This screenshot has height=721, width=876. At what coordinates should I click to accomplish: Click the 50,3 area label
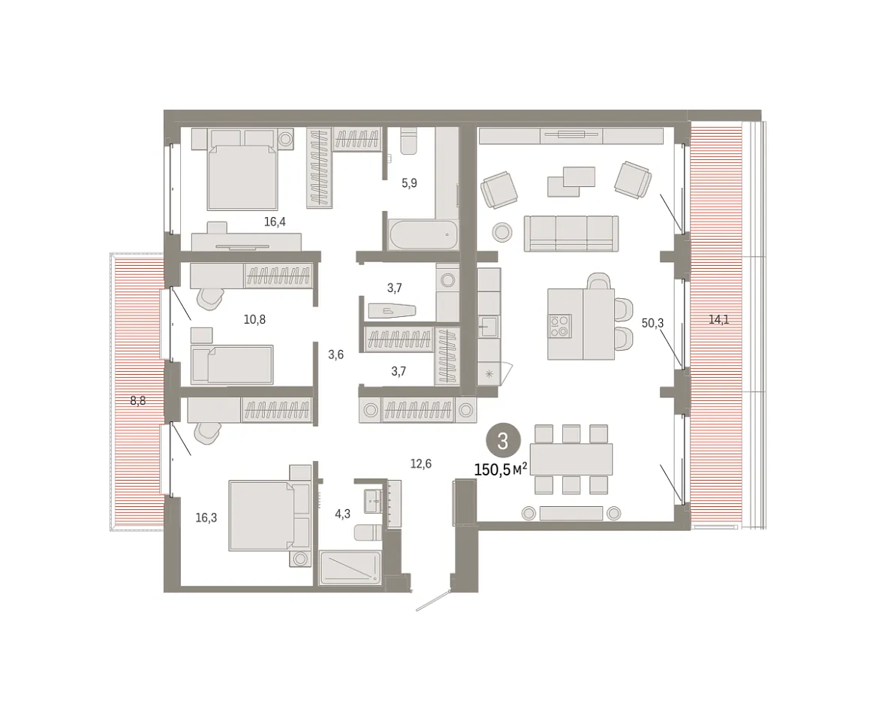(x=652, y=323)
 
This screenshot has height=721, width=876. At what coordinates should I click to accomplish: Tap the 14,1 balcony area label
(x=718, y=320)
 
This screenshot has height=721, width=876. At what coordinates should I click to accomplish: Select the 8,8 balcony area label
(x=138, y=401)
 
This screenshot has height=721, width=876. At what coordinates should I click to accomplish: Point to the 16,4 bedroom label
(x=275, y=222)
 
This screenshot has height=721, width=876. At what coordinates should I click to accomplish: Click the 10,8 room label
(x=254, y=320)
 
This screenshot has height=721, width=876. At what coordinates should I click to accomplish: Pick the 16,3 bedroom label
(x=206, y=518)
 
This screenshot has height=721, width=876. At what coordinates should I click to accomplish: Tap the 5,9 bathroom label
(x=410, y=183)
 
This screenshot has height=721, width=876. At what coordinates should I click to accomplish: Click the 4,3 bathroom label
(x=342, y=514)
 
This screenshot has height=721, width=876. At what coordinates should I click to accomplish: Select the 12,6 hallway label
(x=420, y=464)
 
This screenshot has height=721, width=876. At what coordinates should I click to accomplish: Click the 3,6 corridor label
(x=336, y=354)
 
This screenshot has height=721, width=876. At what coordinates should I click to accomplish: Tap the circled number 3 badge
(x=503, y=442)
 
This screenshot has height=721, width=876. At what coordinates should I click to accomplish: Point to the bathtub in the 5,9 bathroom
(x=423, y=235)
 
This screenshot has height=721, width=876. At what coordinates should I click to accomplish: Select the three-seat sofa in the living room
(x=571, y=234)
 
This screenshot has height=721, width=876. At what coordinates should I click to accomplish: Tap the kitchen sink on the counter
(x=488, y=327)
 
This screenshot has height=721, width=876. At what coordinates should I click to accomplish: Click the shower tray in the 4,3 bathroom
(x=351, y=568)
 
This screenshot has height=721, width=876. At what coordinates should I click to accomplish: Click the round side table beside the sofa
(x=502, y=232)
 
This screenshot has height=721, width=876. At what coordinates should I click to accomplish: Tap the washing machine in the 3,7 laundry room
(x=447, y=279)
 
